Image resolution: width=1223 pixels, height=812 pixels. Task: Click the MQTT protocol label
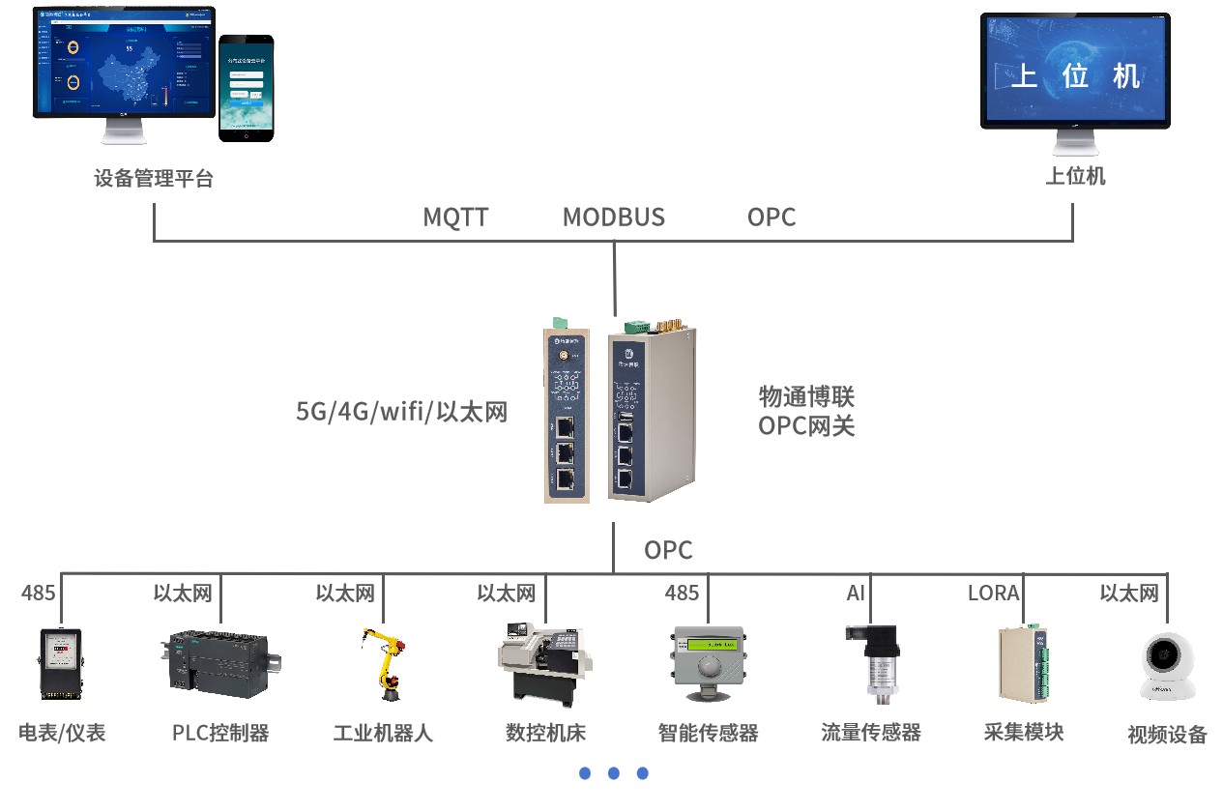click(x=455, y=217)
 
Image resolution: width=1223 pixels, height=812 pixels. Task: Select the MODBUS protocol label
click(x=614, y=217)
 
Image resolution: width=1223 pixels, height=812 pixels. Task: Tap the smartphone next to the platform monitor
click(x=246, y=89)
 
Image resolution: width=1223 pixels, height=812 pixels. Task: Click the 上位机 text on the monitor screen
click(x=1075, y=75)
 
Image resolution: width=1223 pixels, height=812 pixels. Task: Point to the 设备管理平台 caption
click(x=154, y=179)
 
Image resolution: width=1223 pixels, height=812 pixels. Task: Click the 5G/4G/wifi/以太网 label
click(x=401, y=413)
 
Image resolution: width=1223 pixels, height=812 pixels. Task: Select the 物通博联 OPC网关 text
click(x=806, y=411)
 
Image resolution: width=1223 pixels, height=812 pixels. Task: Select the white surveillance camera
click(x=1166, y=667)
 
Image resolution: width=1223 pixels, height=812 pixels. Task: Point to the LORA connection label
click(x=993, y=593)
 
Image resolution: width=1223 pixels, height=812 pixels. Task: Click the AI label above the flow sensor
click(x=856, y=593)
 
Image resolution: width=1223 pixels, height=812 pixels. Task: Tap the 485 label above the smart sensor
click(x=682, y=593)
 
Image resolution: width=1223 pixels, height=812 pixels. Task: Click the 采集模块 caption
click(x=1024, y=732)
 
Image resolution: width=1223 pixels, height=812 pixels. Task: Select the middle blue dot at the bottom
click(x=613, y=773)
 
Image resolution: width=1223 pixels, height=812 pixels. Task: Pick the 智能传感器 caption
click(x=708, y=733)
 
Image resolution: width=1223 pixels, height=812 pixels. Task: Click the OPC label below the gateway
click(x=668, y=550)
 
